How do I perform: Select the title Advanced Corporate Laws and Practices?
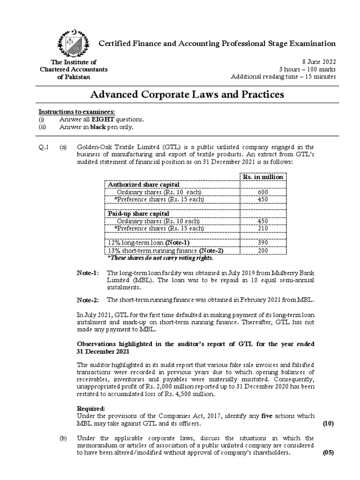coord(187,94)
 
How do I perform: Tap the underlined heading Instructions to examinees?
coord(76,112)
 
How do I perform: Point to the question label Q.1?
coord(44,147)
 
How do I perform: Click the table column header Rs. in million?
coord(262,177)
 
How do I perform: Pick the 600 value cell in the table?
coord(262,192)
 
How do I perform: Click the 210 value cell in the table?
coord(262,228)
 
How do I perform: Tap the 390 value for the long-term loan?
coord(262,242)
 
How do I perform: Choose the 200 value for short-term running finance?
coord(262,250)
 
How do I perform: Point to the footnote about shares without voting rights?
coord(160,258)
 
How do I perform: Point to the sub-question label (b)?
coord(63,438)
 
